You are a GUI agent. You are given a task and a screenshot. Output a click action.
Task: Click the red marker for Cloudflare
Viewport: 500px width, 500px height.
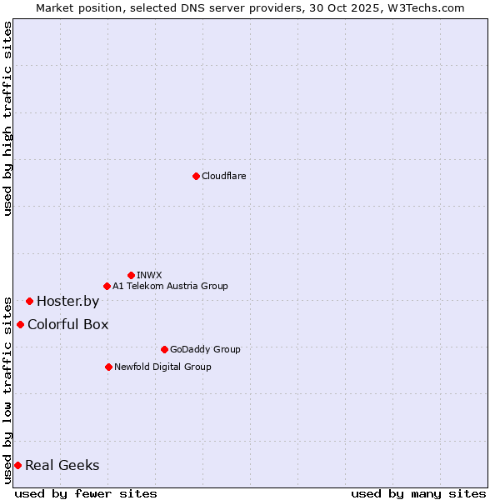[x=196, y=176]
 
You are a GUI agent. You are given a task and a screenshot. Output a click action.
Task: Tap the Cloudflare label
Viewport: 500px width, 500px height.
[x=223, y=176]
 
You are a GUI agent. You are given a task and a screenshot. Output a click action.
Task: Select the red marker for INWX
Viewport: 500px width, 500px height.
[x=131, y=275]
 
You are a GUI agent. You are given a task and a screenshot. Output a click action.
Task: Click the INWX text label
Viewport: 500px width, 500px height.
[x=149, y=275]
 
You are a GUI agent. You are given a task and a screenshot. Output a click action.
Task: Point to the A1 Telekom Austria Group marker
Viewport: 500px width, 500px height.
[x=107, y=286]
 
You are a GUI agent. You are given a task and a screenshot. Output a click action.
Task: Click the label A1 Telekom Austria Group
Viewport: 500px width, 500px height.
[x=170, y=286]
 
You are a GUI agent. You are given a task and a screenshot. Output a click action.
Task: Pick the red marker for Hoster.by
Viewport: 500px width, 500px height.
[x=29, y=301]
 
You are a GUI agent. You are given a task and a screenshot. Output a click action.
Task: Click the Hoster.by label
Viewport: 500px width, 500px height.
[x=67, y=302]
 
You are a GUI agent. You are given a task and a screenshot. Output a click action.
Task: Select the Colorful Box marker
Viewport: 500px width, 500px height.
[x=20, y=324]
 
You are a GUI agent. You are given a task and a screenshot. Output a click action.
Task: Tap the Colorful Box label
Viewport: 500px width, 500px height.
[x=67, y=325]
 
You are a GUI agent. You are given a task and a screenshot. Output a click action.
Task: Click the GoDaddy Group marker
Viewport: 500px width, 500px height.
[x=164, y=349]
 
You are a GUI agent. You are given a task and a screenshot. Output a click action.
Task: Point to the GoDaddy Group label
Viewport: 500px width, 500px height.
[x=205, y=349]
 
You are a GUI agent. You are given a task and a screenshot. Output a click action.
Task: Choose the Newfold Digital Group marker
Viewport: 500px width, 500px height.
[x=108, y=367]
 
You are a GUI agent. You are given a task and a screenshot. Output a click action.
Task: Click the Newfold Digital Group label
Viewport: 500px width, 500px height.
[x=162, y=367]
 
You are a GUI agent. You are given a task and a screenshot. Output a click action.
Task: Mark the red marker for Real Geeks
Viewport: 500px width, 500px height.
[x=17, y=465]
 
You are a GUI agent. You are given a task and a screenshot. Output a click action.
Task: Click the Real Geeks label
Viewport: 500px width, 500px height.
[x=62, y=466]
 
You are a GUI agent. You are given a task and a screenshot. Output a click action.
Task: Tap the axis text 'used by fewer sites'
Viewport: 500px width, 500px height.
[x=86, y=493]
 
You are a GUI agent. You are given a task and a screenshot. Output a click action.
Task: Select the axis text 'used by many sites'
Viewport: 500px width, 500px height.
[x=418, y=493]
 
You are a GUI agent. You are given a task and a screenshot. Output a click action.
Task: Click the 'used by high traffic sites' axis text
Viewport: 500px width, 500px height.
[x=7, y=118]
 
